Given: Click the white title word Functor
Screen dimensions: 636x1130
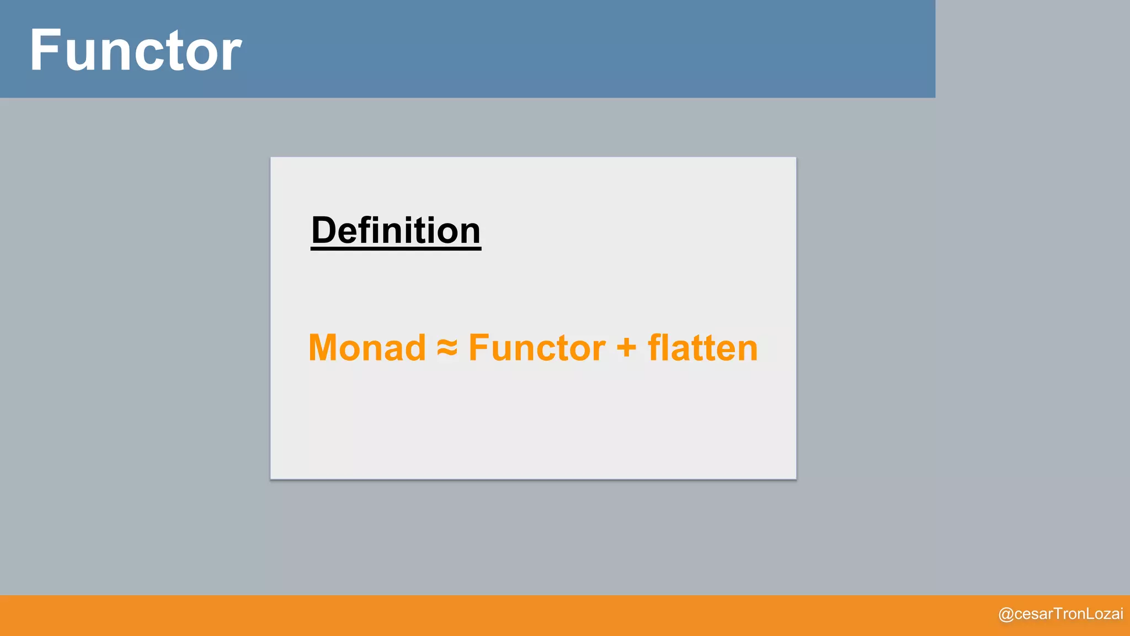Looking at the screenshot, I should (135, 51).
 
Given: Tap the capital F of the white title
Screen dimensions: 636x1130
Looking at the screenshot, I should (45, 51).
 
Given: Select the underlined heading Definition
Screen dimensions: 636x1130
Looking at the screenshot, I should (396, 230).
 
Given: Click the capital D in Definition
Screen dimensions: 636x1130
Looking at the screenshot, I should (324, 230).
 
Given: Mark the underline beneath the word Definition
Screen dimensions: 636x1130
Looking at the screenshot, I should (396, 249).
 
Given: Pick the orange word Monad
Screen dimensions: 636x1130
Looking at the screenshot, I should (367, 348).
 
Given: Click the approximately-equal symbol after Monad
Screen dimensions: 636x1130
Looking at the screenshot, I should (447, 348).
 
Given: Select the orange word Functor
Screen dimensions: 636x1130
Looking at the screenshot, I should (537, 348).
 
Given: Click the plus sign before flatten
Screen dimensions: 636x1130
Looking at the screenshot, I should (626, 349).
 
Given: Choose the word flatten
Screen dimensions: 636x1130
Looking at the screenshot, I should (703, 348).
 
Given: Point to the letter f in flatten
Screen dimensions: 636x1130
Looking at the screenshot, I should (655, 348).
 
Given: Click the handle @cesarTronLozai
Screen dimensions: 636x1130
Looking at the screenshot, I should (1060, 614).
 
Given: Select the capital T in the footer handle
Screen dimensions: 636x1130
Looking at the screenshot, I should (1058, 613).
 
